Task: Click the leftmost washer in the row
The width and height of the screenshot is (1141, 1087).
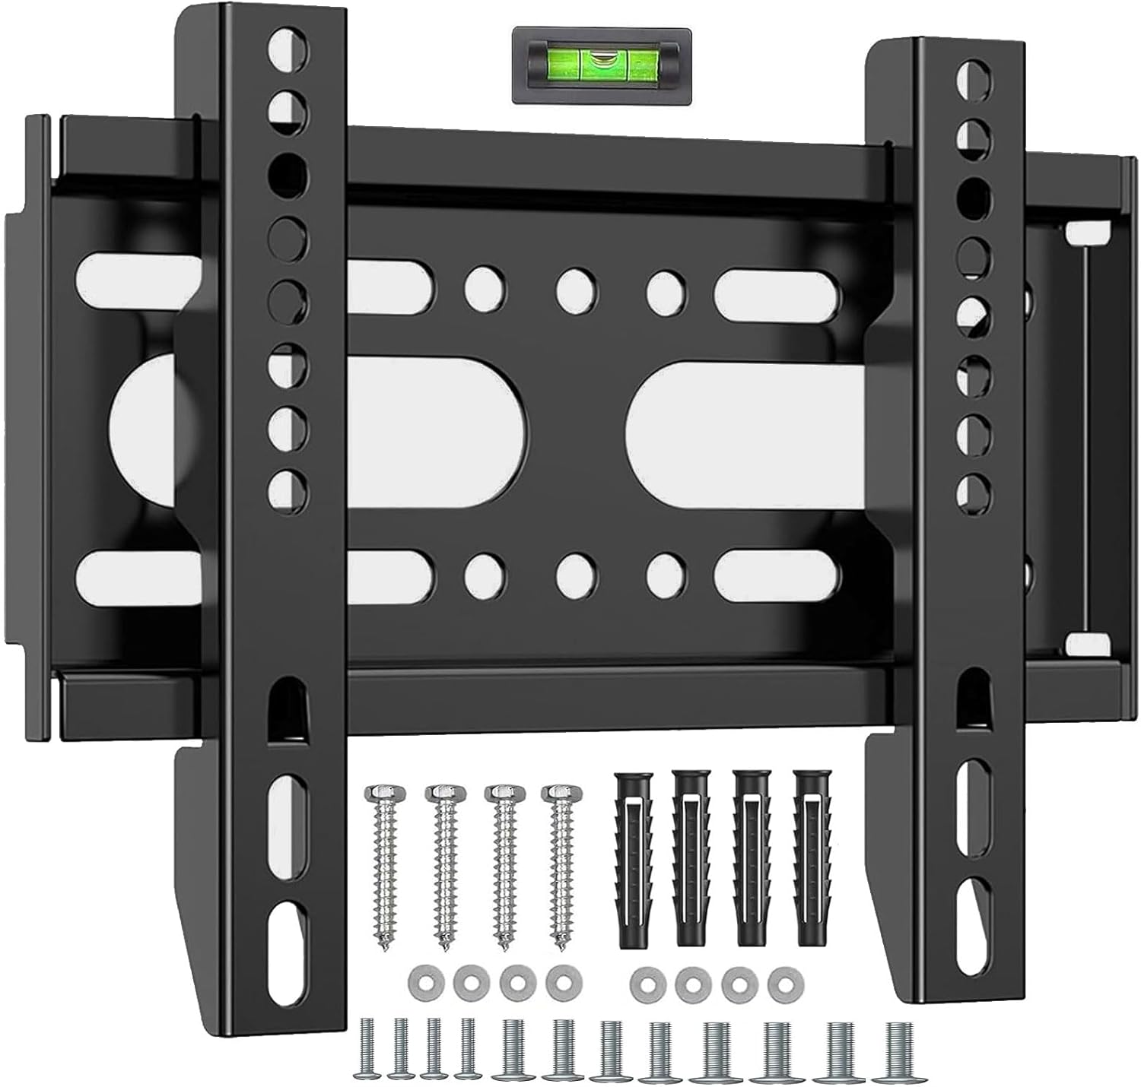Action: (x=421, y=981)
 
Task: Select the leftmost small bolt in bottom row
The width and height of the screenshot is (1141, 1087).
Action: (x=367, y=1050)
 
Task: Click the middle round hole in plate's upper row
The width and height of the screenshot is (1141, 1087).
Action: (x=576, y=288)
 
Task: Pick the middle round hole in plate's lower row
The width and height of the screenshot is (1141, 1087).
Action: (x=576, y=574)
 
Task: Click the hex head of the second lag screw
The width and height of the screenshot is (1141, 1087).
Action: (x=440, y=794)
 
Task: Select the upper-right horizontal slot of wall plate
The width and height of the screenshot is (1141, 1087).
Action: (x=776, y=288)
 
